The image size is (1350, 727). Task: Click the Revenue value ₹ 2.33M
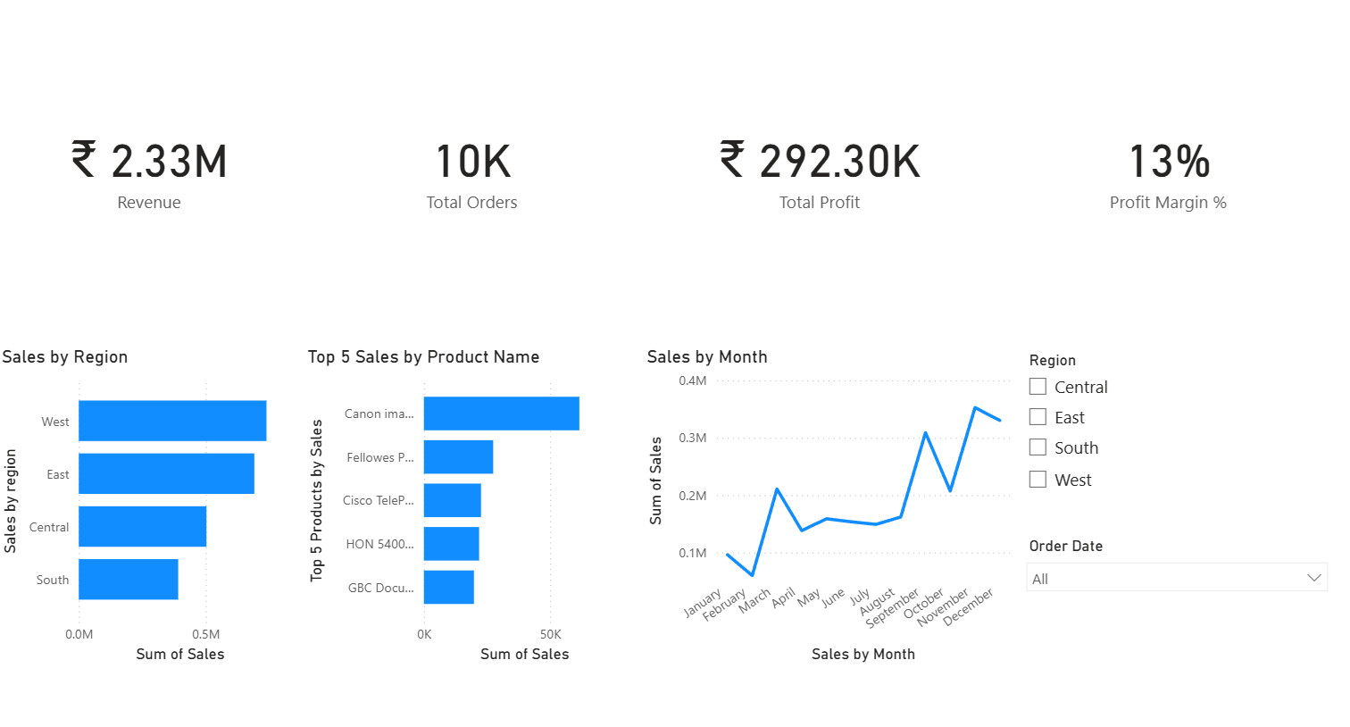pos(150,162)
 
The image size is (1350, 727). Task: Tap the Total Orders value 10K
pos(472,162)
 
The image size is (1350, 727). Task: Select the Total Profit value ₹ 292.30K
pos(820,162)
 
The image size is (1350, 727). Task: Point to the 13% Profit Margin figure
pos(1169,162)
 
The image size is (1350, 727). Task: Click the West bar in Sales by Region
pos(172,421)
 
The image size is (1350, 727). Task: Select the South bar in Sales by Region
pos(129,580)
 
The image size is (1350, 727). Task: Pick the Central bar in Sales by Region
pos(143,527)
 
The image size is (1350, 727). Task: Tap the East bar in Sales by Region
pos(166,473)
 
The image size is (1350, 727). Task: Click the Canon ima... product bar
pos(501,414)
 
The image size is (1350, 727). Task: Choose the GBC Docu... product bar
pos(449,588)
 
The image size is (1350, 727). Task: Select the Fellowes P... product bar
pos(458,457)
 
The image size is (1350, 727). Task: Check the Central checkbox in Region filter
pos(1037,387)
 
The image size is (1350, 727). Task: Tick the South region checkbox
pos(1037,447)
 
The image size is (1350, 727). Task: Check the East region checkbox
pos(1037,417)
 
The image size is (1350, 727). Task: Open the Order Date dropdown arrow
pos(1313,578)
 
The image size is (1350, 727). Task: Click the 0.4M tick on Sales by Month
pos(692,380)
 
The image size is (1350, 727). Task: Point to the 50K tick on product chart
pos(551,634)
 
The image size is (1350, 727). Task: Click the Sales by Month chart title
pos(707,357)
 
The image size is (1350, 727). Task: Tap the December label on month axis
pos(970,607)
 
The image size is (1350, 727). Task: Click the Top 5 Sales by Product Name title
pos(423,357)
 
